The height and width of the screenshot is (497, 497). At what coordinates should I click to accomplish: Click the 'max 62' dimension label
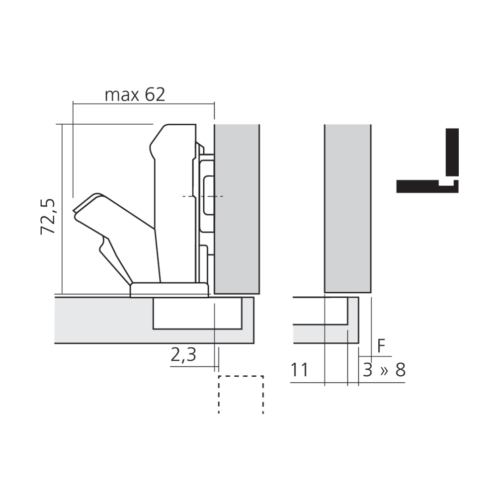(x=135, y=94)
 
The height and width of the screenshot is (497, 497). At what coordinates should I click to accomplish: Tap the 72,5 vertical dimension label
(x=48, y=217)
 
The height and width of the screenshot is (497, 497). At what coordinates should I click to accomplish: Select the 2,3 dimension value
(x=183, y=355)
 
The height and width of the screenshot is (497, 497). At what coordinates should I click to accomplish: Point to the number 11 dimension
(x=299, y=370)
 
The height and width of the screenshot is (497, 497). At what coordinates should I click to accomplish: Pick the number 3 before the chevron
(x=367, y=370)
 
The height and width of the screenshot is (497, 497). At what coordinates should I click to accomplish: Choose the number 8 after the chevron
(x=400, y=370)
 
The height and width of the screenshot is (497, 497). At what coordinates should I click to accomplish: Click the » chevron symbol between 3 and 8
(x=384, y=370)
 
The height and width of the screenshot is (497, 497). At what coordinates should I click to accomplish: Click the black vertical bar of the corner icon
(x=452, y=152)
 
